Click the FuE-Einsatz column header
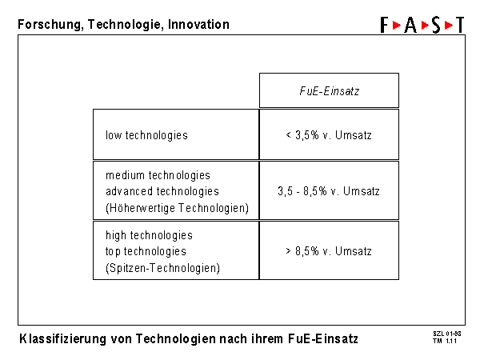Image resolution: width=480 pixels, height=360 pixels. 329,90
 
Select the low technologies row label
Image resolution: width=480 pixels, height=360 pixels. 146,135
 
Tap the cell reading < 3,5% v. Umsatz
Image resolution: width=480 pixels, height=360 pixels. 329,134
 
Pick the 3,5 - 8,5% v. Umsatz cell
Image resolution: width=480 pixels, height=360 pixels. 329,190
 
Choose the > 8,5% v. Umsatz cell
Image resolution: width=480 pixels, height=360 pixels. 329,250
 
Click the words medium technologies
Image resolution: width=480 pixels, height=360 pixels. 158,175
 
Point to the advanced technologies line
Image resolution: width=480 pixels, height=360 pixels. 162,191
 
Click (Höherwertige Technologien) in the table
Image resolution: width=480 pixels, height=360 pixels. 177,208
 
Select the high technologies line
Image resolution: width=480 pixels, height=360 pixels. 149,235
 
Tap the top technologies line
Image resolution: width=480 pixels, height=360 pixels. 146,251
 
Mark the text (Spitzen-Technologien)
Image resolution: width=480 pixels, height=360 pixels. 162,268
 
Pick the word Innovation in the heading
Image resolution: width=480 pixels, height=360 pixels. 198,24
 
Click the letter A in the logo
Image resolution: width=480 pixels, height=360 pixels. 410,25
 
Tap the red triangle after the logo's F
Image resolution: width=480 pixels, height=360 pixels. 397,25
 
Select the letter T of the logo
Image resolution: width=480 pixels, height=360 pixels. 460,25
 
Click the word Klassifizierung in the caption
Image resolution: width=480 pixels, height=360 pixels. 62,339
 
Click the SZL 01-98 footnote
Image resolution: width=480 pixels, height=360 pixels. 447,334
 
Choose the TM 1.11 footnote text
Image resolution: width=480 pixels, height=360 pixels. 445,341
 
